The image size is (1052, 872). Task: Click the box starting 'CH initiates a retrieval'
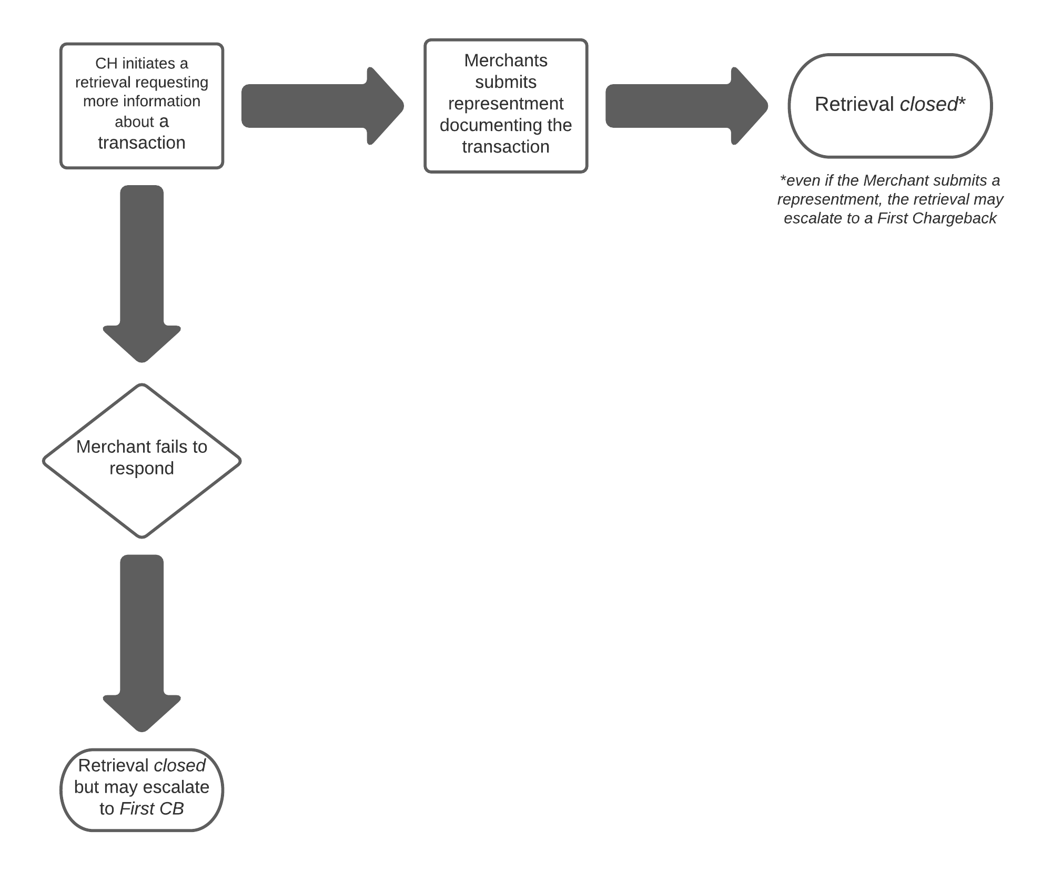click(x=141, y=106)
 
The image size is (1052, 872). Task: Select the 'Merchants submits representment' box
click(x=505, y=106)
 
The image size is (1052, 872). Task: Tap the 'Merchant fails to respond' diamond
click(x=141, y=461)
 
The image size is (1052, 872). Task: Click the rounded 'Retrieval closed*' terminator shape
click(x=890, y=106)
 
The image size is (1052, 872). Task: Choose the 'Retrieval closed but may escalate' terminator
click(x=141, y=790)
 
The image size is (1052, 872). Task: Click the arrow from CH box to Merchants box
click(x=322, y=106)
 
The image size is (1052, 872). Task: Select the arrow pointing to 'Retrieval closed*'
click(x=687, y=106)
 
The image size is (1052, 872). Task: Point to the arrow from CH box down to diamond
click(x=141, y=273)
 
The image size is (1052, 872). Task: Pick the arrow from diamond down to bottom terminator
click(x=141, y=643)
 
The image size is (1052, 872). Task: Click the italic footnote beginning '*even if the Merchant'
click(x=890, y=199)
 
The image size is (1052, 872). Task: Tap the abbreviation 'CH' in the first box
click(x=106, y=64)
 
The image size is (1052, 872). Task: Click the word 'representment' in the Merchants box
click(x=505, y=104)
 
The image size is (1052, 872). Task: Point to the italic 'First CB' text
click(x=151, y=808)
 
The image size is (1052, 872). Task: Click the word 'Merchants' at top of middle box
click(x=505, y=61)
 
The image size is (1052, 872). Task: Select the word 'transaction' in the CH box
click(x=141, y=143)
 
